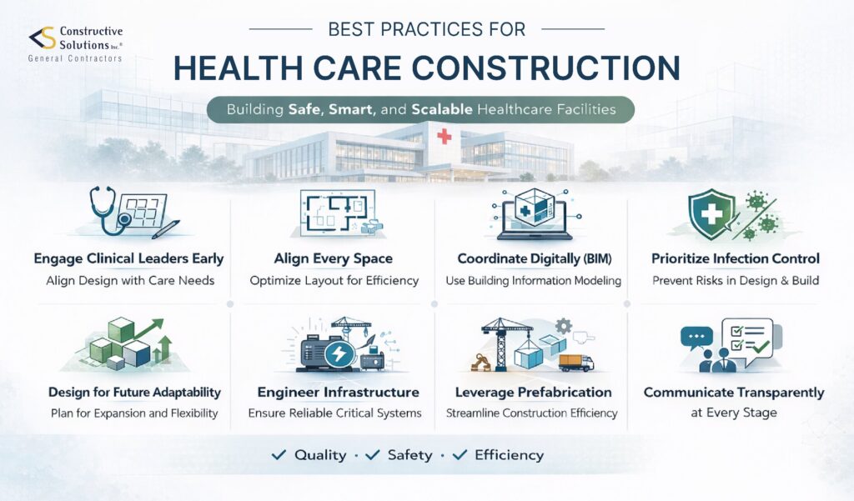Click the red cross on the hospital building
(444, 136)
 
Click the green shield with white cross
(707, 213)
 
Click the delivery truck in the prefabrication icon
(575, 362)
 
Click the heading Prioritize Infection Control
(735, 258)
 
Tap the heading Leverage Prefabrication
(533, 392)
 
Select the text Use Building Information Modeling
(533, 281)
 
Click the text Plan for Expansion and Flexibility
(133, 413)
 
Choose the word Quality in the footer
(320, 455)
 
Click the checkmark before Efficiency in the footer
(459, 454)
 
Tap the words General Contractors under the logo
(75, 58)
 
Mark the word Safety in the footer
(409, 455)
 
